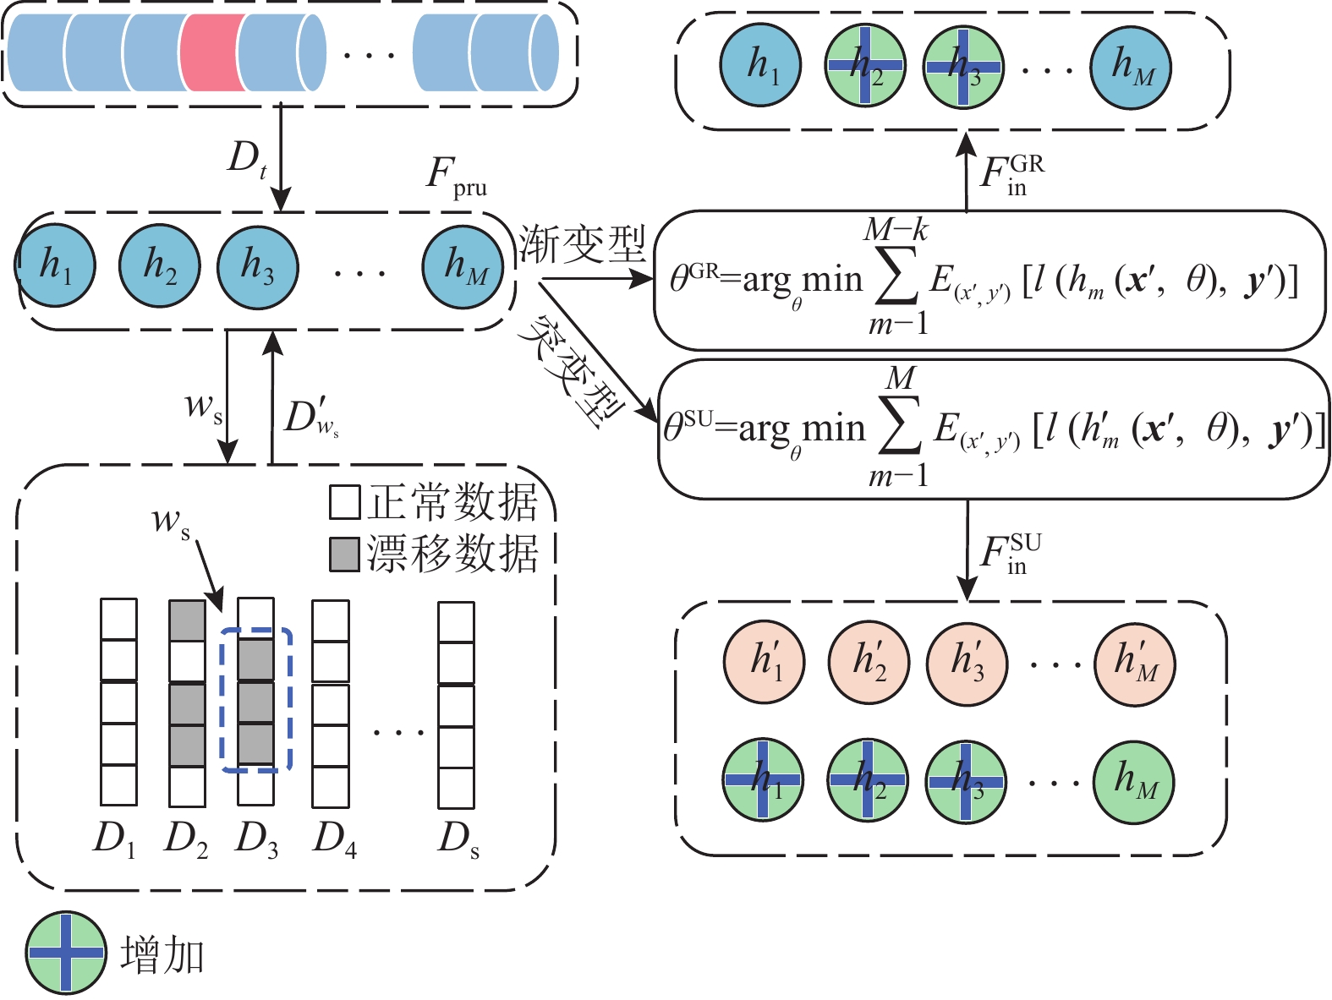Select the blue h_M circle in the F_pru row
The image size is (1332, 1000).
pos(463,266)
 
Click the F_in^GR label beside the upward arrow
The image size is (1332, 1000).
pos(1011,173)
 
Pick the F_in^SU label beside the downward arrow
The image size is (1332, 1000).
pos(1010,554)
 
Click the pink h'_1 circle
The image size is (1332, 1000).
pos(764,663)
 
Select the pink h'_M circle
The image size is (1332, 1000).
pos(1134,663)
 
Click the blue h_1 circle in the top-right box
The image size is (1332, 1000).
pos(760,66)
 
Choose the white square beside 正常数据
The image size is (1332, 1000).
pos(345,501)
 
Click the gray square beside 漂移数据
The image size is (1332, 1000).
pos(345,554)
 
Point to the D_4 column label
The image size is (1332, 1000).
pos(334,839)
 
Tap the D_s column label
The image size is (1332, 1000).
pos(458,839)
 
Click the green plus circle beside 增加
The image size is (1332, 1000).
pos(66,953)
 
